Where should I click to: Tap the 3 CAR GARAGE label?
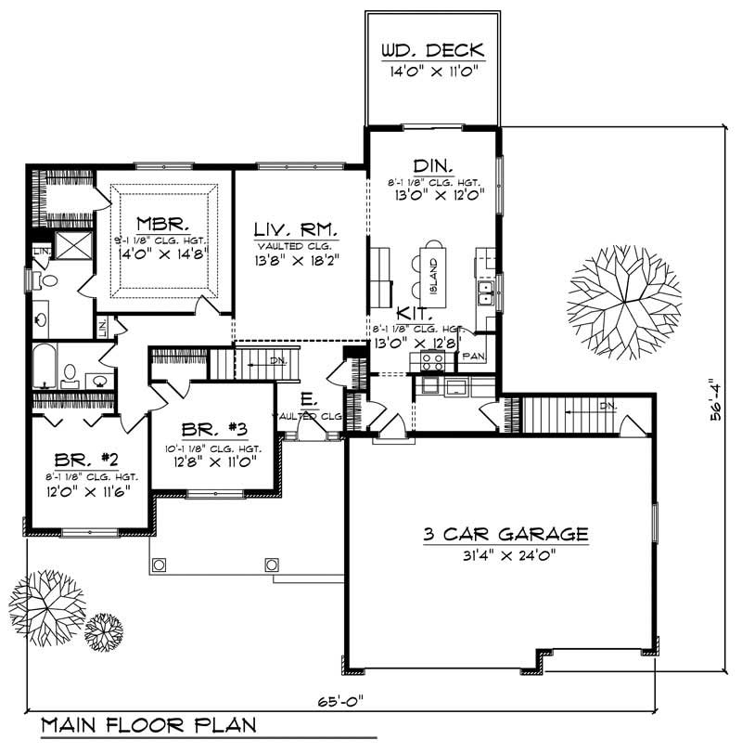505,534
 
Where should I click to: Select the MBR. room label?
163,225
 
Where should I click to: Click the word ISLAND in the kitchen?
434,276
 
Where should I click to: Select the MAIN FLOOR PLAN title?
147,725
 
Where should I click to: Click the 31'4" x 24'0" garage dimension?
505,556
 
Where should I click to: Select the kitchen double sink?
485,294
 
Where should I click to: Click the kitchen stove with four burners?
432,360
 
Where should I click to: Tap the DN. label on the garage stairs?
608,406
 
